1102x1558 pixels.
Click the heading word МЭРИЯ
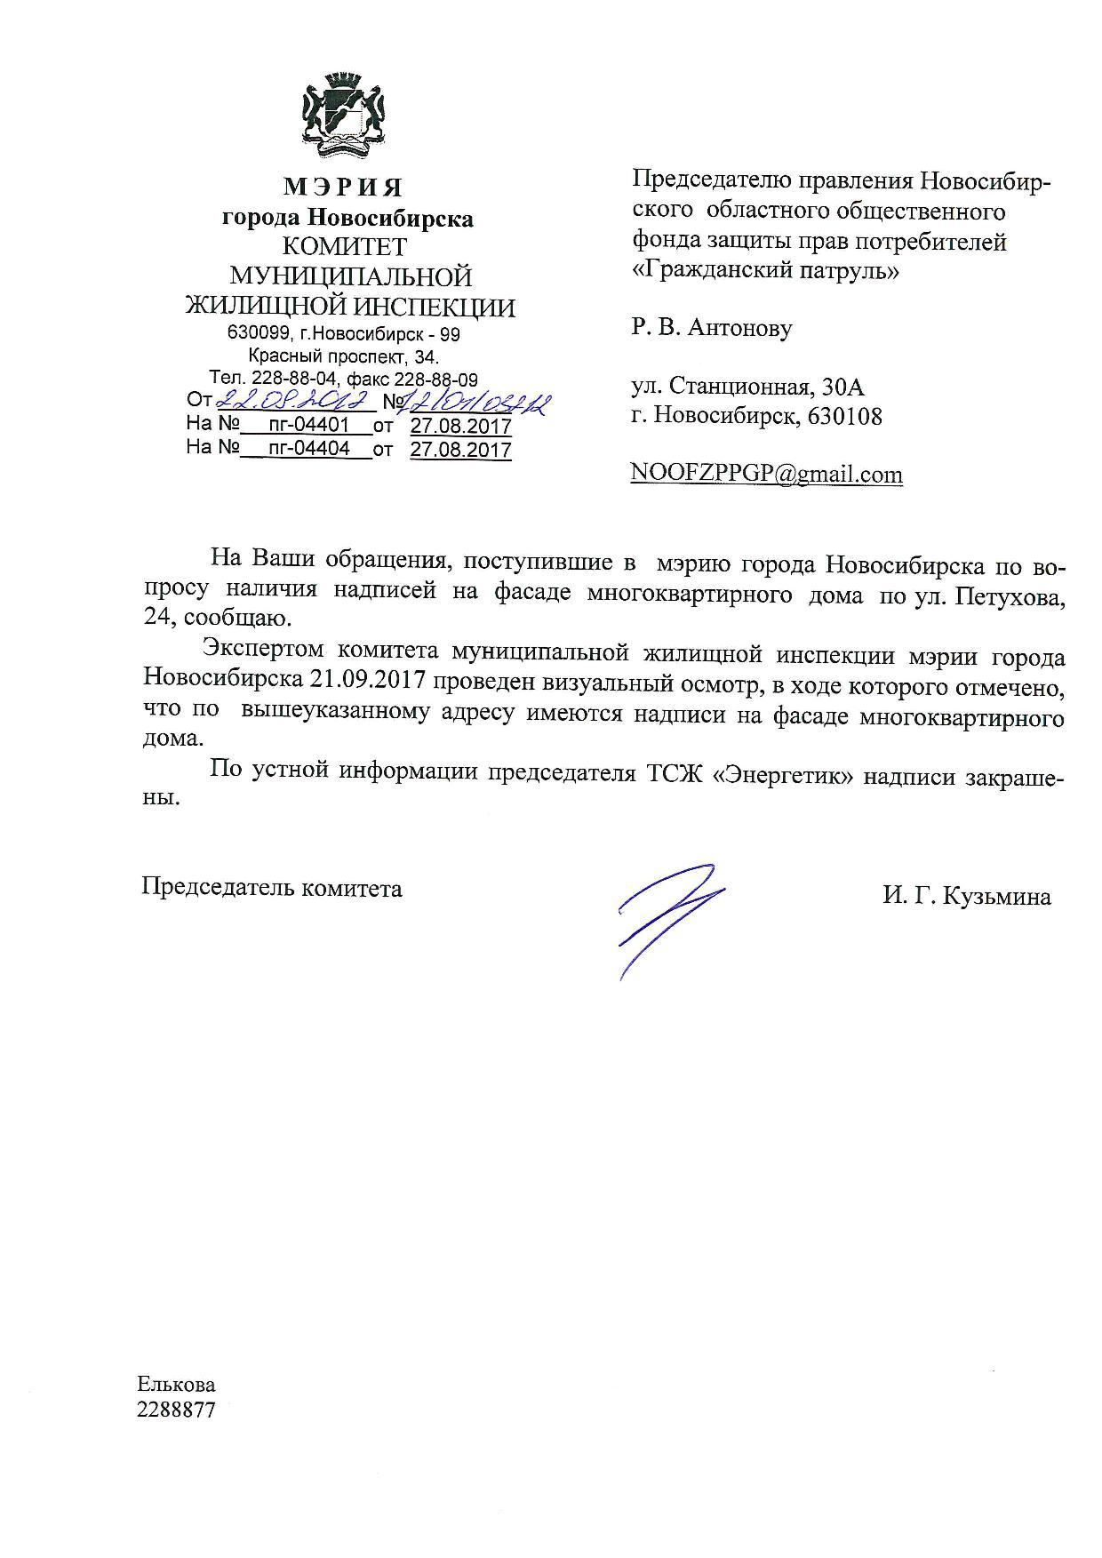pos(343,188)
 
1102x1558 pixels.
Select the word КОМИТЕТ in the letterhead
pos(345,246)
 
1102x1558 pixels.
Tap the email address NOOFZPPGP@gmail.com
pos(766,474)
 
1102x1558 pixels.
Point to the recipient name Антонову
pos(740,328)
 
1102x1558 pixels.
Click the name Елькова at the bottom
pos(176,1385)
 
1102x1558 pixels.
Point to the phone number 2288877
pos(176,1410)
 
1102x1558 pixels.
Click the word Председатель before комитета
pos(217,888)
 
